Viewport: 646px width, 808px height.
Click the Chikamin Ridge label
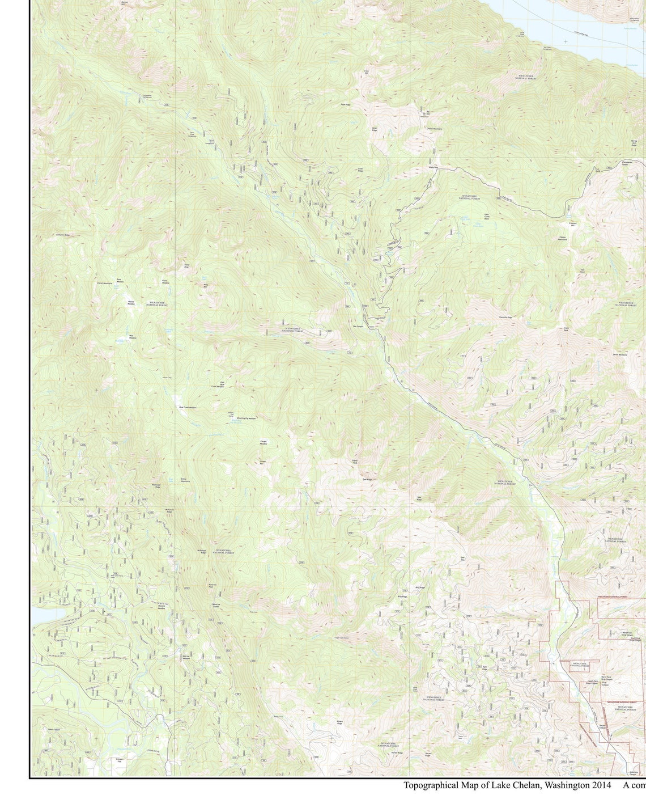(x=62, y=235)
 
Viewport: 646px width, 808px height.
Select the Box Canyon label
(x=358, y=327)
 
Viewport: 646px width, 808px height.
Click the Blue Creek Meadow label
(x=188, y=407)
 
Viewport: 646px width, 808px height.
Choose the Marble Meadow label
(x=131, y=303)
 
